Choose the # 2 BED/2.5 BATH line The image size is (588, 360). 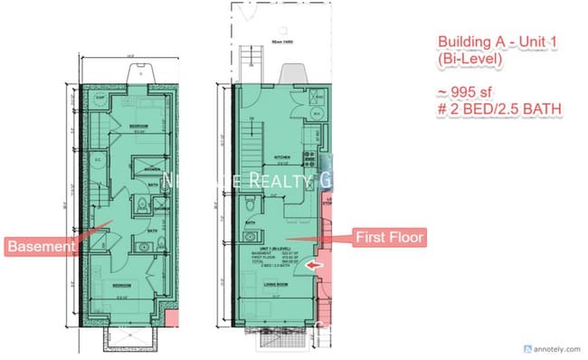[498, 109]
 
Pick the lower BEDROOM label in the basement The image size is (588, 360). [124, 282]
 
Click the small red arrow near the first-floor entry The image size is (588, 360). [313, 265]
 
